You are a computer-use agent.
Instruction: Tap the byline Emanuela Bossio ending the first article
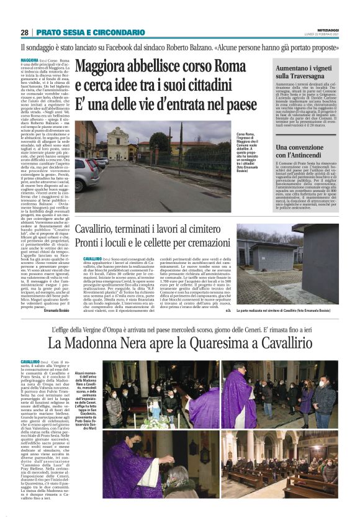(x=57, y=309)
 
